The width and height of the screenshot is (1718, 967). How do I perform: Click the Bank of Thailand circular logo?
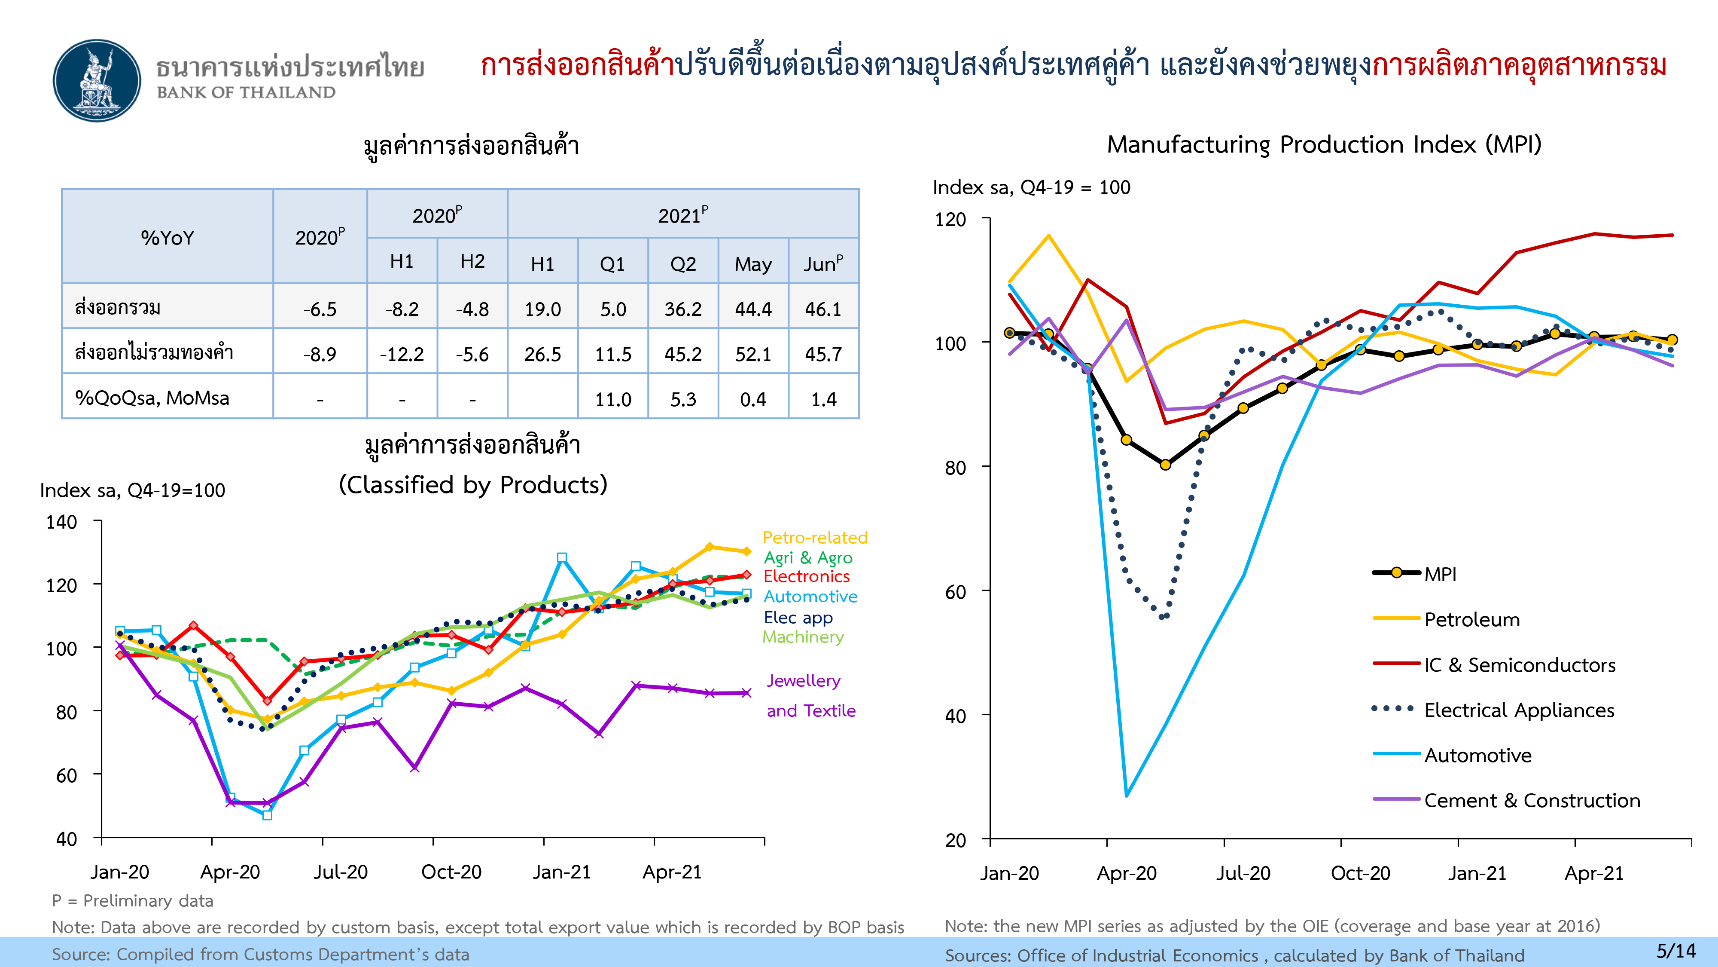point(97,80)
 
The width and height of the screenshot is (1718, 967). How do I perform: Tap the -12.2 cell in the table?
point(402,354)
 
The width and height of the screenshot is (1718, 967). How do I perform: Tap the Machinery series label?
point(803,637)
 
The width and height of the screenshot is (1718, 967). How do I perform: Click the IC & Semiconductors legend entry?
point(1494,665)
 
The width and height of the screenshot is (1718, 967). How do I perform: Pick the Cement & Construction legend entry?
point(1506,800)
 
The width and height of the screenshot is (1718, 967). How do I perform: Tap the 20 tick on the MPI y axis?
point(955,840)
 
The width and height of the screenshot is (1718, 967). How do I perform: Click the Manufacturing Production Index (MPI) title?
point(1325,145)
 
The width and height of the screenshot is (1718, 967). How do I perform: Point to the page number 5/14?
point(1676,950)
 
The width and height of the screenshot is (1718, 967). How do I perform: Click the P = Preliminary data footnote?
point(133,901)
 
